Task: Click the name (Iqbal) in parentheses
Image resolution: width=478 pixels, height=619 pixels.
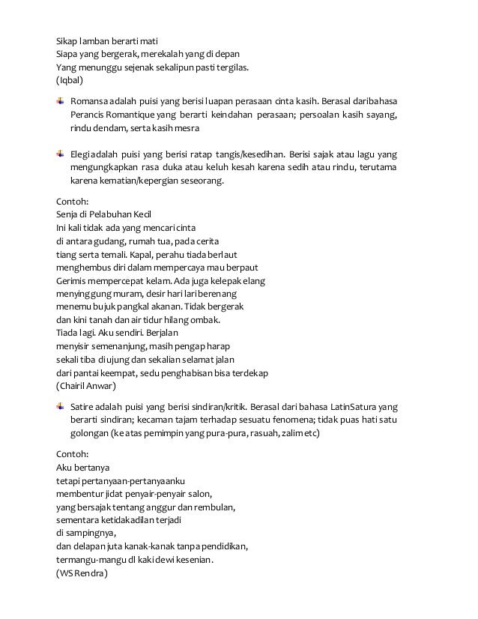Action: tap(70, 79)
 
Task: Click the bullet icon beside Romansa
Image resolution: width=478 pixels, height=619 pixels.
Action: tap(60, 100)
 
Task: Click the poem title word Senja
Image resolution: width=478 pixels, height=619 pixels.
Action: tap(70, 214)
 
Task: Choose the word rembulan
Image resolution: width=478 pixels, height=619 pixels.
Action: tap(212, 507)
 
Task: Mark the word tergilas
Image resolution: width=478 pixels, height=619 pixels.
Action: tap(232, 66)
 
